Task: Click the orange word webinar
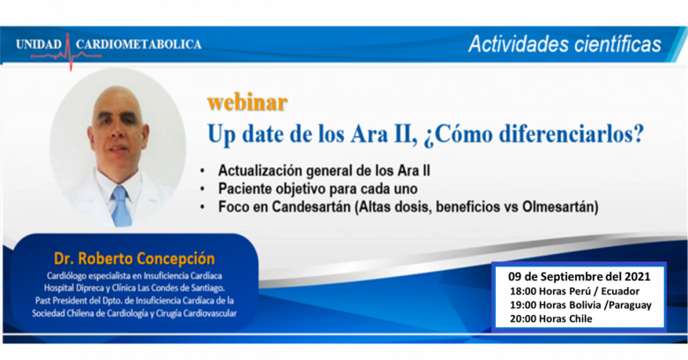coord(247,102)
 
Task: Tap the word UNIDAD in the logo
coord(39,44)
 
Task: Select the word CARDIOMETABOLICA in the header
coord(138,44)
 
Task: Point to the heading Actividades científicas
coord(565,44)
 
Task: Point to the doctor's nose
coord(117,132)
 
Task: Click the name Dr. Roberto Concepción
coord(134,259)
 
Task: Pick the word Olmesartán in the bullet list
coord(557,206)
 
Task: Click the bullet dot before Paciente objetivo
coord(202,189)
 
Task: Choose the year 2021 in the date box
coord(636,276)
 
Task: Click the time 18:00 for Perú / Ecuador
coord(522,291)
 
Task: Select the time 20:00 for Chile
coord(522,319)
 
